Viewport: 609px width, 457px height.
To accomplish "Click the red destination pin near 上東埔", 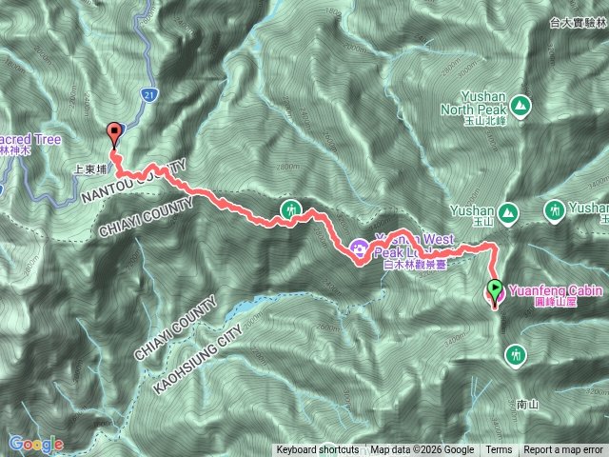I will click(116, 134).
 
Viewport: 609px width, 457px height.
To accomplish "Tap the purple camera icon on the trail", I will click(360, 248).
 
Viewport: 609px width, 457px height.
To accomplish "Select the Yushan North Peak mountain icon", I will click(520, 105).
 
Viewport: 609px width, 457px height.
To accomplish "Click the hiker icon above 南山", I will click(516, 354).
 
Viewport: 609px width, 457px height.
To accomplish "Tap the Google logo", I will click(35, 444).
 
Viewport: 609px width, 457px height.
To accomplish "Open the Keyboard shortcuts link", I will click(318, 450).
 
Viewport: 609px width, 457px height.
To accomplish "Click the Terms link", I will click(499, 450).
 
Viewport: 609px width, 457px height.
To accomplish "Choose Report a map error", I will click(563, 450).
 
